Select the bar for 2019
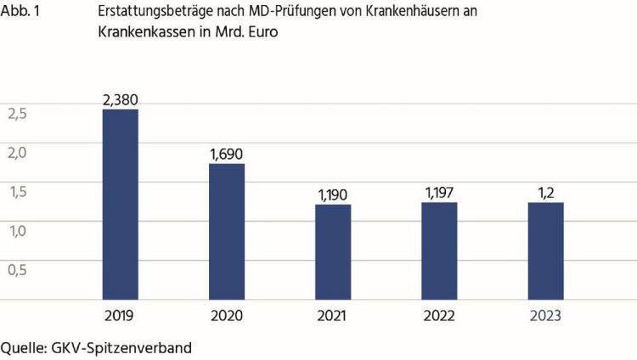coord(120,204)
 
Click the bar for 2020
coord(227,231)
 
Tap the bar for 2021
coord(333,251)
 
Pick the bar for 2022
coord(439,250)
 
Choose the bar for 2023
coord(545,250)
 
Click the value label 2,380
coord(120,100)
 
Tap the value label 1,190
coord(333,195)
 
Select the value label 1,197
coord(439,194)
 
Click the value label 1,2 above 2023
coord(545,194)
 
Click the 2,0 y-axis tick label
coord(17,153)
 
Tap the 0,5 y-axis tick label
coord(17,270)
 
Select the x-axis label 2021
coord(333,316)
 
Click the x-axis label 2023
coord(545,316)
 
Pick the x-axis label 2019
coord(120,316)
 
